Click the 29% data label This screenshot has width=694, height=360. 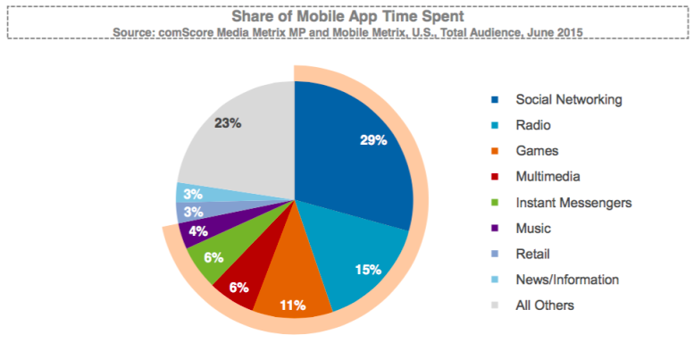372,139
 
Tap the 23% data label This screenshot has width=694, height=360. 228,123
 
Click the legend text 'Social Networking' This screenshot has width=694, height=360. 568,99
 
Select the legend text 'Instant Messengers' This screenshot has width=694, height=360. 573,203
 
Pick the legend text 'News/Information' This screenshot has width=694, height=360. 567,280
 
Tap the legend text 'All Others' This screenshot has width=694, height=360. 545,306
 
